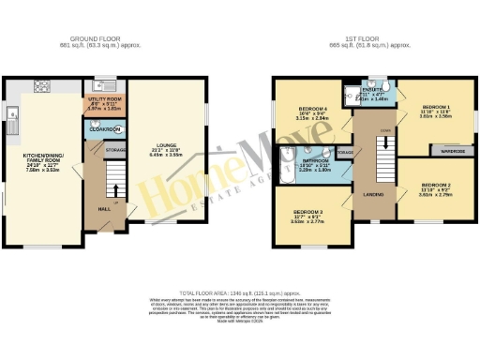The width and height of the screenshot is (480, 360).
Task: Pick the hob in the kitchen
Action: [x=41, y=90]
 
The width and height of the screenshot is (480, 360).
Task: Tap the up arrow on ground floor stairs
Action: [x=114, y=201]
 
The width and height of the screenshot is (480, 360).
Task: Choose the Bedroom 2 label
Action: [x=437, y=186]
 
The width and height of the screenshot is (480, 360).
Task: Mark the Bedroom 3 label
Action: [x=307, y=212]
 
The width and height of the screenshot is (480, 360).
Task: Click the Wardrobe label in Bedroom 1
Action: [x=449, y=149]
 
